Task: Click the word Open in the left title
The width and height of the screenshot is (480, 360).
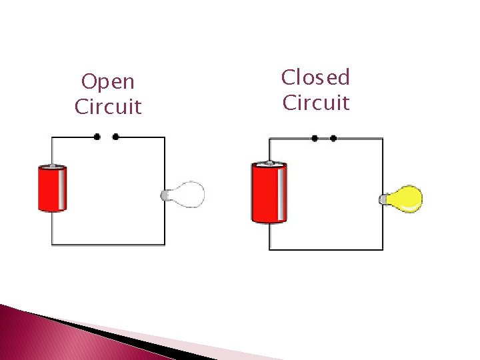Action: point(107,83)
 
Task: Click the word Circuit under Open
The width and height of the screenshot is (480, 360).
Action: point(108,107)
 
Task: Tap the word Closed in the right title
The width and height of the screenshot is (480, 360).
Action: point(315,78)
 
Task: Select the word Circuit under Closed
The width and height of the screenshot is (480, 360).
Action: point(316,103)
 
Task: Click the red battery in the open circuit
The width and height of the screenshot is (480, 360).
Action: point(52,189)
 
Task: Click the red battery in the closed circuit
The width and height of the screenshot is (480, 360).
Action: point(269,193)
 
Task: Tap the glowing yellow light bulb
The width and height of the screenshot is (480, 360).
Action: point(405,199)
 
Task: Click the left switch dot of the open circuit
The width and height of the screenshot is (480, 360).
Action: point(97,137)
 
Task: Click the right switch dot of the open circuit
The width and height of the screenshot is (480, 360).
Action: point(116,137)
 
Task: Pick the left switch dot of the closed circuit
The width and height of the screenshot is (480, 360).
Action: point(315,139)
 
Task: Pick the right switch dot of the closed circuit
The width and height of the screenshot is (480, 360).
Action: point(333,139)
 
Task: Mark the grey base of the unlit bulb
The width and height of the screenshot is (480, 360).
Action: point(166,195)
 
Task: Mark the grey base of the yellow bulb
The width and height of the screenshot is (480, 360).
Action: point(385,199)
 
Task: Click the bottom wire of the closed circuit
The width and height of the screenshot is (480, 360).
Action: point(326,249)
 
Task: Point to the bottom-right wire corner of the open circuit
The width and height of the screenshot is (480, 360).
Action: point(165,245)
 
